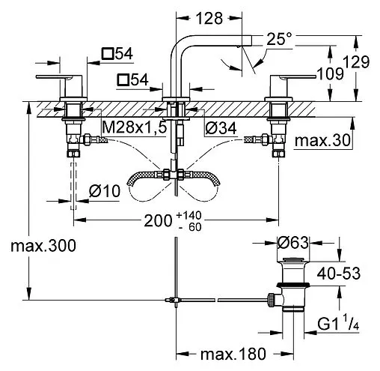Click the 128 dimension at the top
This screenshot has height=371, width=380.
pos(209,18)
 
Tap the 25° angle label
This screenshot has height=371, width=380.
pos(279,39)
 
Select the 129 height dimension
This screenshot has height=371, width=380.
pos(356,62)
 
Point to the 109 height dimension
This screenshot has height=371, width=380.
pos(330,74)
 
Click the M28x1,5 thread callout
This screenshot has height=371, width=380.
pos(135,128)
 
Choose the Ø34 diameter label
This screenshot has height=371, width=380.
pos(221,128)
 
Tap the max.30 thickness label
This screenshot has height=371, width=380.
pos(322,140)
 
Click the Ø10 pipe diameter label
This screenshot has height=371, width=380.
pos(105,191)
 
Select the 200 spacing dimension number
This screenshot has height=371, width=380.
pos(158,221)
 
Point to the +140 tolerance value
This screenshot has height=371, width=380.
pos(189,215)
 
